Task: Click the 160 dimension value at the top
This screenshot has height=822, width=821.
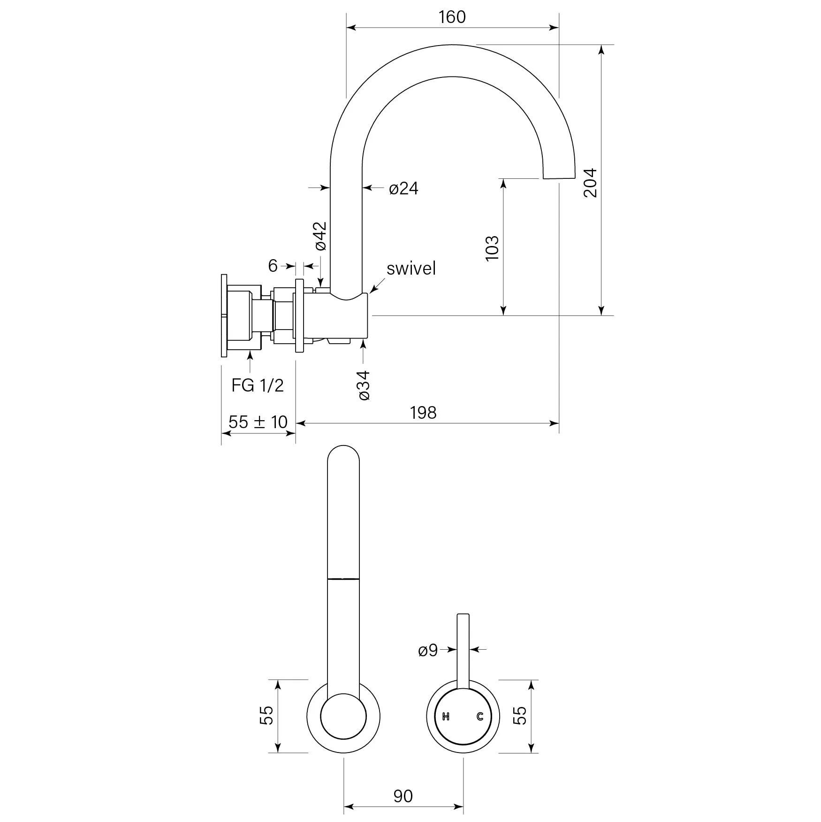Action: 452,17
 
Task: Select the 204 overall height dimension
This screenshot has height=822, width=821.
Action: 590,183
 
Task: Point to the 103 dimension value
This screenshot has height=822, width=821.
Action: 492,248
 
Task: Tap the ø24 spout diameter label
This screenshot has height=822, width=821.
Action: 403,189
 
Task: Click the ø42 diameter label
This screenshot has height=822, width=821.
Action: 320,236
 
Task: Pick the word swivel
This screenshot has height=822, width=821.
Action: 411,269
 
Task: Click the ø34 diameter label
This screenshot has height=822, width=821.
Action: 364,385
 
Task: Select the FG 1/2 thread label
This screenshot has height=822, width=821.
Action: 258,385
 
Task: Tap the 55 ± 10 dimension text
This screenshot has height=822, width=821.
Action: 258,422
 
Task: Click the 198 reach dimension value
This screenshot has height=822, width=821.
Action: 423,413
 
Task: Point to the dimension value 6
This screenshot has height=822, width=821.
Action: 273,266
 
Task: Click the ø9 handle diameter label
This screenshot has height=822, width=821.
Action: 428,650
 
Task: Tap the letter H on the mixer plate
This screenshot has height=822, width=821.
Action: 446,716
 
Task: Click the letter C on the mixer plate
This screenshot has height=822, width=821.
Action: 479,716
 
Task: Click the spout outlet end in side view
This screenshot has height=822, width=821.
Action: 559,177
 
